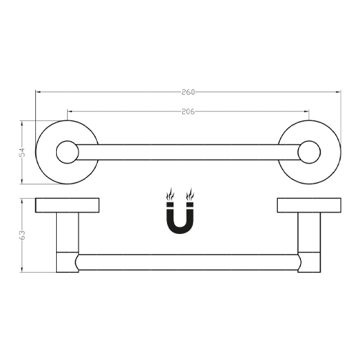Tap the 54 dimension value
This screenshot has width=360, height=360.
(x=22, y=152)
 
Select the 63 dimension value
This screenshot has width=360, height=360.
(x=22, y=235)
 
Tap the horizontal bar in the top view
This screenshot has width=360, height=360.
(x=187, y=152)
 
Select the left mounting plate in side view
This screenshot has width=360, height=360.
(x=67, y=206)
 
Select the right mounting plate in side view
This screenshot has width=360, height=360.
(x=309, y=206)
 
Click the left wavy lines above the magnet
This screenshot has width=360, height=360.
(x=170, y=194)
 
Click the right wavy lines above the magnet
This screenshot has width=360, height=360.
(x=190, y=194)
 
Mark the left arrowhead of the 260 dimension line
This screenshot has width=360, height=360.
(x=38, y=91)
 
